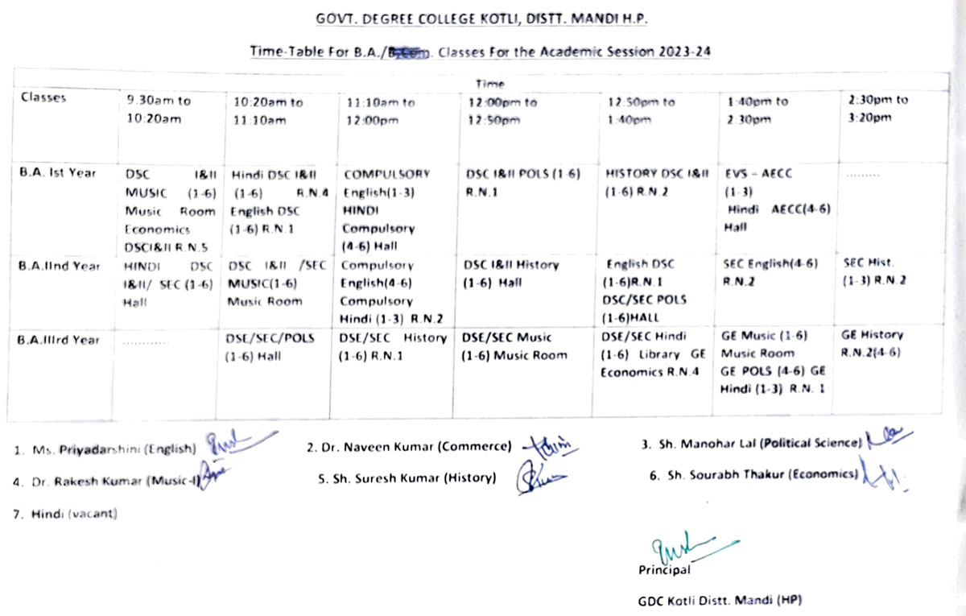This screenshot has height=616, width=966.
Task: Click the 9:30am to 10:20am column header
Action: click(159, 110)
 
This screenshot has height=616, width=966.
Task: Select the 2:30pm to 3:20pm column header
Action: click(877, 109)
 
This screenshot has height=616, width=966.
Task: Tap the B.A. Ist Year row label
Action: click(58, 172)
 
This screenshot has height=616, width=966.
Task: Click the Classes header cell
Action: click(43, 98)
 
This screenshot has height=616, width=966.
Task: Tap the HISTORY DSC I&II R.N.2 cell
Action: click(657, 181)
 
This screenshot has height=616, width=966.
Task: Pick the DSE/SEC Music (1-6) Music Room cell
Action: click(516, 346)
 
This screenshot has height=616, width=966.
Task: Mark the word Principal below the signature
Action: click(663, 570)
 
